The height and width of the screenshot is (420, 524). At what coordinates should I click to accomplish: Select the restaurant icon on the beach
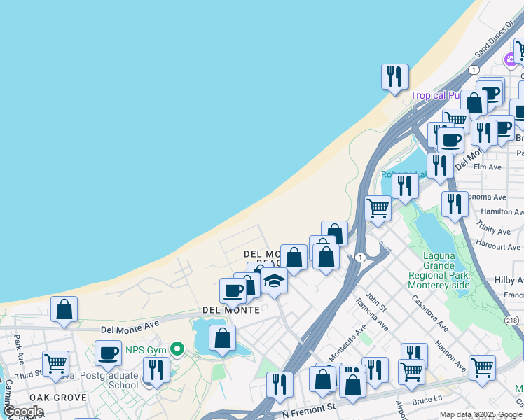[x=394, y=76]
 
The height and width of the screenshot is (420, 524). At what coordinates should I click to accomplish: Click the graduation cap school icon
[x=274, y=281]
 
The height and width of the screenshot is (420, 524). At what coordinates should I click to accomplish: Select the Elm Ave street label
[x=488, y=167]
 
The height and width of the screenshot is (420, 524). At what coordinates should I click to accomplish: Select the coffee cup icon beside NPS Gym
[x=108, y=353]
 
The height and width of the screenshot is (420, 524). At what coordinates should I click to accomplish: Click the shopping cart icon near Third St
[x=55, y=363]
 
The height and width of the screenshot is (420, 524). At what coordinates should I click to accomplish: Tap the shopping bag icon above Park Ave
[x=64, y=309]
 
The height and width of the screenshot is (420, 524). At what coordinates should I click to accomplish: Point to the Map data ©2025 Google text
[x=480, y=414]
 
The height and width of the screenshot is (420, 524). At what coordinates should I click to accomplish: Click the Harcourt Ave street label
[x=498, y=246]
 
